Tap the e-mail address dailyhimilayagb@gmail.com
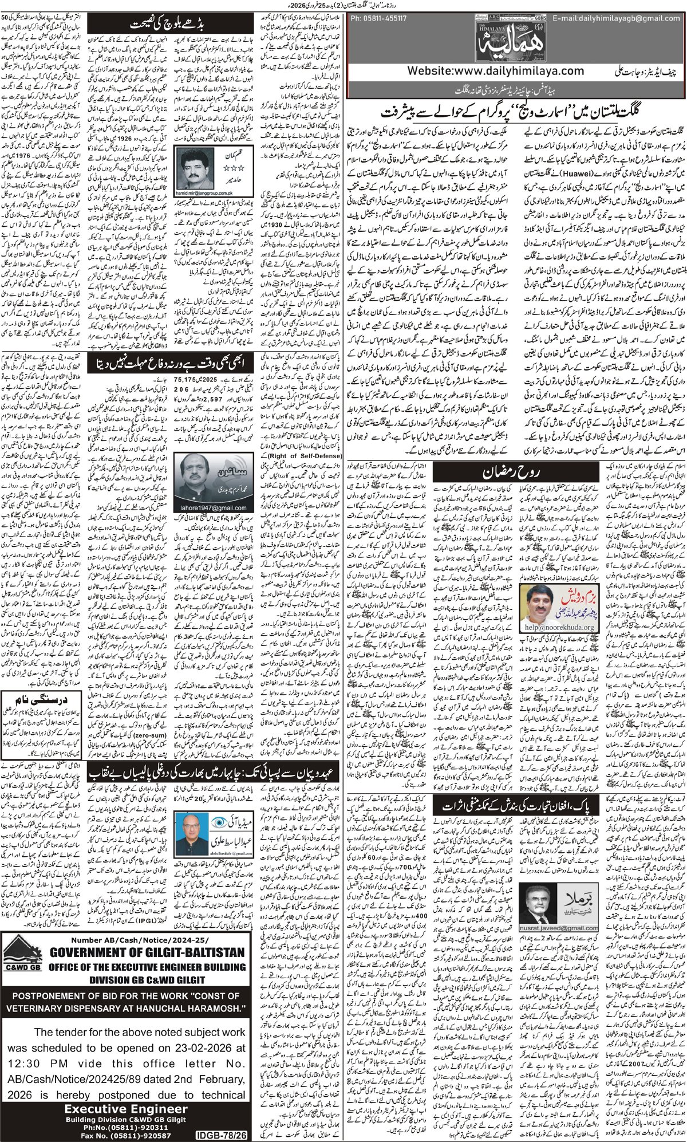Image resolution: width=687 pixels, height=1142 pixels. pos(615,18)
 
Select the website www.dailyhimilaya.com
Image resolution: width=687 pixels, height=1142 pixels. pos(496,72)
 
